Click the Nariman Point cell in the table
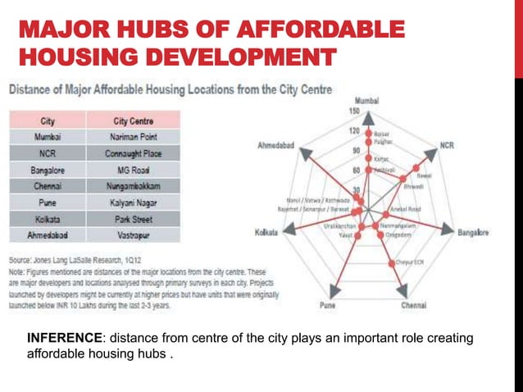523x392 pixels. [133, 137]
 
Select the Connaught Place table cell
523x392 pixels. [133, 153]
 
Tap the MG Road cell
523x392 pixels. [133, 170]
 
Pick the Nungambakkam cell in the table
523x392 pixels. [133, 185]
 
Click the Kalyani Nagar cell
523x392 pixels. [133, 202]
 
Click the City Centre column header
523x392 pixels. [133, 121]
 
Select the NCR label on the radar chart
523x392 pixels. [447, 145]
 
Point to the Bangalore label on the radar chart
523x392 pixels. [473, 232]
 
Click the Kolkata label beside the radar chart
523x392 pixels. [267, 232]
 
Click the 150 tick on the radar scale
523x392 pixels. [355, 111]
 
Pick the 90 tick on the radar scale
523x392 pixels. [356, 150]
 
